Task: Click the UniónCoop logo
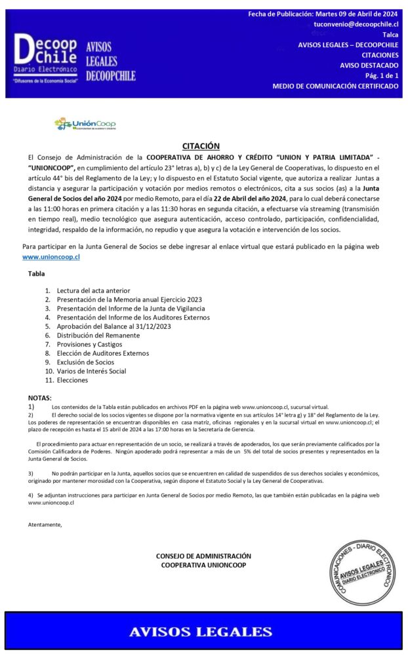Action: coord(85,124)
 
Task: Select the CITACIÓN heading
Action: coord(201,146)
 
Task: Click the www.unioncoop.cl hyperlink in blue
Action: coord(51,258)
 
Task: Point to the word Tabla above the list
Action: coord(37,273)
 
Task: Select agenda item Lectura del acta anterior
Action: coord(93,290)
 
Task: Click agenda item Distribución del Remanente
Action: coord(98,335)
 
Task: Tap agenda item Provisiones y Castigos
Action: coord(89,344)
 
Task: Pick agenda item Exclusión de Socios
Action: coord(85,362)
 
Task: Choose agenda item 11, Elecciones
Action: coord(72,380)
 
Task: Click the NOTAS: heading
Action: coord(39,398)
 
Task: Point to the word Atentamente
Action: coord(45,524)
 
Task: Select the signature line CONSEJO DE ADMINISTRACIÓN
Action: coord(203,556)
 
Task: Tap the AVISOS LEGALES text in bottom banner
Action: coord(201,632)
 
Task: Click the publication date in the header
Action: coord(323,14)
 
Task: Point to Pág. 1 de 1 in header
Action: coord(382,76)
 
